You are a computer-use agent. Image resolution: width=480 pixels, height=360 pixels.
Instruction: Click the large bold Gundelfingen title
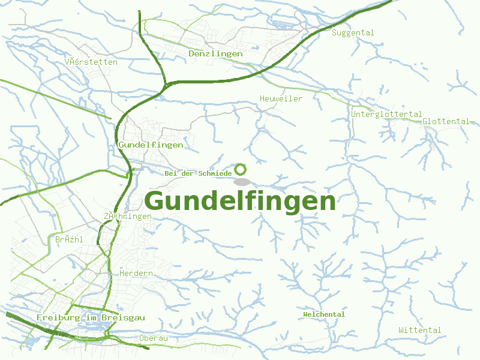pos(240,201)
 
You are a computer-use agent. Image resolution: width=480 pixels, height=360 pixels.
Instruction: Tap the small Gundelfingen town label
pos(151,145)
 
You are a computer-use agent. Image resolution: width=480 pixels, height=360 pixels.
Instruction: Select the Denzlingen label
pos(215,54)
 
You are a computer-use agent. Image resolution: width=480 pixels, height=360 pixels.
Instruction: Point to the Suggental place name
pos(353,33)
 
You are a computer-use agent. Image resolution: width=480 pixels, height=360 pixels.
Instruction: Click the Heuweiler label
pos(281,98)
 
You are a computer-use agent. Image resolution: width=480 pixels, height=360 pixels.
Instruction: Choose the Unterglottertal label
pos(386,114)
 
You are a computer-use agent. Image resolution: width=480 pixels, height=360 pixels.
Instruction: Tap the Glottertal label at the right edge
pos(445,121)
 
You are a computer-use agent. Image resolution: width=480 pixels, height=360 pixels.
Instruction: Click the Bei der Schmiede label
pos(198,173)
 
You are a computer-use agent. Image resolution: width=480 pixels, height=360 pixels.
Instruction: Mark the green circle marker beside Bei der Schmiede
pos(241,169)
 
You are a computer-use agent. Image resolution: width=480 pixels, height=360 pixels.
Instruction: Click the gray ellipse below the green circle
pos(241,182)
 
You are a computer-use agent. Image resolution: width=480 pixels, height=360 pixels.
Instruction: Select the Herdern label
pos(136,274)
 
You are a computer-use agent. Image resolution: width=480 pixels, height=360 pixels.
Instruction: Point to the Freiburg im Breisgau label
pos(90,317)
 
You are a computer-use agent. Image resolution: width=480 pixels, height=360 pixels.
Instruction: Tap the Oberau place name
pos(153,338)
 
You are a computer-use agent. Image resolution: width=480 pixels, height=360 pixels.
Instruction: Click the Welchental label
pos(324,314)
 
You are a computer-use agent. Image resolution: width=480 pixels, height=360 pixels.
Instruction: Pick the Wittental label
pos(419,331)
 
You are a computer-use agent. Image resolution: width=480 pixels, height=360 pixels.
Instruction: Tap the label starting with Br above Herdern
pos(68,240)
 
